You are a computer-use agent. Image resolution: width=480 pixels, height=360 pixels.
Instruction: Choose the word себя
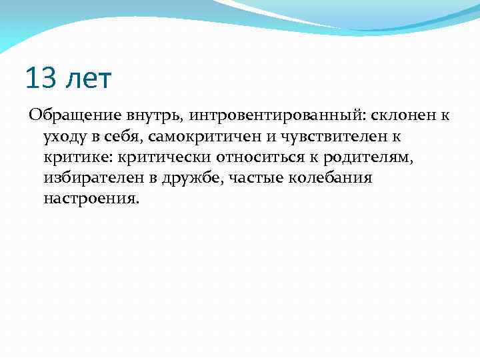(128, 137)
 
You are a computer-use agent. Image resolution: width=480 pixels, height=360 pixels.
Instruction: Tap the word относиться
(267, 157)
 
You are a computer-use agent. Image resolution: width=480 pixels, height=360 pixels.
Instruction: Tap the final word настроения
(91, 199)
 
